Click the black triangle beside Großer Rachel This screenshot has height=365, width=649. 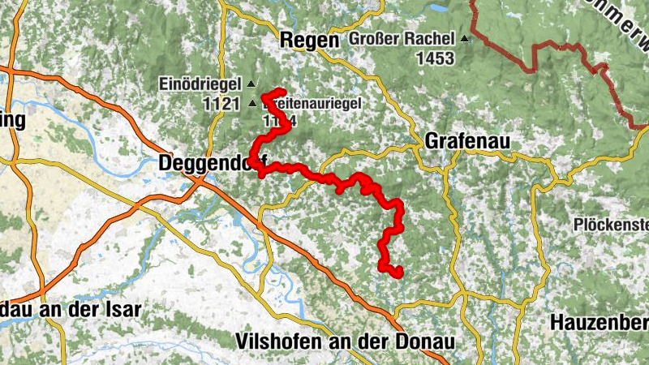point(464,39)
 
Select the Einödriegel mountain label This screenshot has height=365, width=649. point(202,84)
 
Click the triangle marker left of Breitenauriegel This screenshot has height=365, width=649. point(252,103)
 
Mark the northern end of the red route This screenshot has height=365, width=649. point(281,91)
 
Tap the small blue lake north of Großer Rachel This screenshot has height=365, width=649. point(439,7)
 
